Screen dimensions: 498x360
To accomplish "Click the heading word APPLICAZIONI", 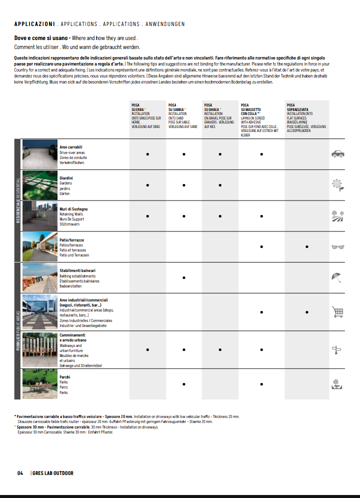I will (x=34, y=24).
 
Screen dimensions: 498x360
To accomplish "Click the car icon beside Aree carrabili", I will (x=337, y=154).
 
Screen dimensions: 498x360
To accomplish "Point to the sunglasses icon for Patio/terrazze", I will (x=337, y=246).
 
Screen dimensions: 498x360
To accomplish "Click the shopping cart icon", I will (x=337, y=312).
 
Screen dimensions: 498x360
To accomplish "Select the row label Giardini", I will (x=66, y=178).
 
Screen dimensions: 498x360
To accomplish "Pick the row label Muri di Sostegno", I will (x=73, y=209).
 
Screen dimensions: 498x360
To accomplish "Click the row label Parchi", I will (x=65, y=377).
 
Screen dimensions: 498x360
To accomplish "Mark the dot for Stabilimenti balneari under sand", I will (x=184, y=277).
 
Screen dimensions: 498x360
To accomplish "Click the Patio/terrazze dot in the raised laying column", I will (x=306, y=246).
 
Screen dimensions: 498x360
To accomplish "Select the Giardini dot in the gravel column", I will (x=220, y=185).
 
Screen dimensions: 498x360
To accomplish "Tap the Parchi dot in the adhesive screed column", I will (x=261, y=384).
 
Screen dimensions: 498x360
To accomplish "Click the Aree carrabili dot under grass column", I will (x=147, y=154).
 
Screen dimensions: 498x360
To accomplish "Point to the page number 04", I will (x=20, y=473).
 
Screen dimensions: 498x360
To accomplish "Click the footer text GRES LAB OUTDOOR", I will (x=53, y=473).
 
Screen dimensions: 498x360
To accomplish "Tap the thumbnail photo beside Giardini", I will (x=39, y=185).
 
